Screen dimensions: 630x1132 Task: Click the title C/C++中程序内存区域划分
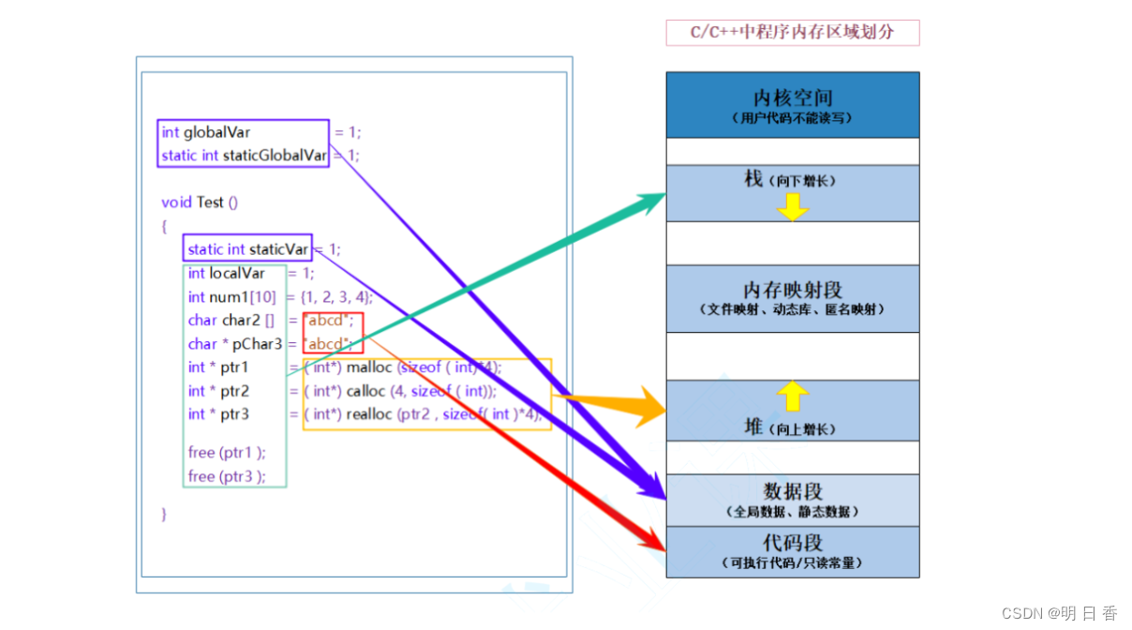point(792,33)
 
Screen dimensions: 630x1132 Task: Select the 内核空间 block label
point(792,97)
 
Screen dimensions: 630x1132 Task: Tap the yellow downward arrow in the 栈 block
point(793,207)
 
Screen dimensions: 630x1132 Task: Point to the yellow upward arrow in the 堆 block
point(793,396)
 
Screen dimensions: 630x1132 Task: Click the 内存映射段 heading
point(792,290)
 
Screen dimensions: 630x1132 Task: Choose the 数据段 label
point(792,491)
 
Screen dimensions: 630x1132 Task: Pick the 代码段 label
point(792,543)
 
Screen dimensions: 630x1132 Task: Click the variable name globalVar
point(216,132)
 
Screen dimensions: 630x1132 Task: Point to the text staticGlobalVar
point(275,156)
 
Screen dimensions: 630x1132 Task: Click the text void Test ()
point(200,202)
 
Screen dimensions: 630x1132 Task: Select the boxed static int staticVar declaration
point(247,249)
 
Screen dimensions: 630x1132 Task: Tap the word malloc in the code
point(368,367)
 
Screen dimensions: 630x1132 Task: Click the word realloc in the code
point(369,414)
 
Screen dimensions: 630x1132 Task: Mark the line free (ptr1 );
point(227,453)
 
